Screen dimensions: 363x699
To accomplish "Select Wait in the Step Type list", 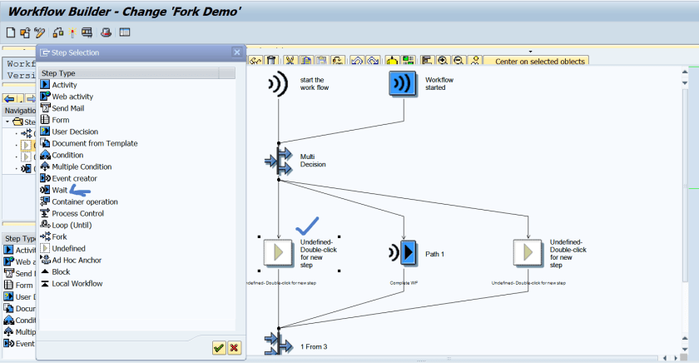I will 59,190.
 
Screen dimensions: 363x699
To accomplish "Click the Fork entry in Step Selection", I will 59,236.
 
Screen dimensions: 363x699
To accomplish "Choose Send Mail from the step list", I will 72,108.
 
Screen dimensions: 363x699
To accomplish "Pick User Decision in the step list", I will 75,132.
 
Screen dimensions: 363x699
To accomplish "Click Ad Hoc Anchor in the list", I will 77,260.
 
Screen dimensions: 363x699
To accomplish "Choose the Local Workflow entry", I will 77,283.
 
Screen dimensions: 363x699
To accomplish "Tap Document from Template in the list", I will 94,143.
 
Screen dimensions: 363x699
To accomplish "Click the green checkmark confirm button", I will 219,348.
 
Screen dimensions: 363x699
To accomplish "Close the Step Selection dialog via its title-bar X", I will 236,52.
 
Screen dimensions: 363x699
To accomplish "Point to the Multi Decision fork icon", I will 278,159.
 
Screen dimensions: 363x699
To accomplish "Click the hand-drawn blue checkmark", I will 308,225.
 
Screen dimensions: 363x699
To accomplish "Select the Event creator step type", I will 74,178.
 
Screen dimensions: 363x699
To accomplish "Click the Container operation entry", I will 84,201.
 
